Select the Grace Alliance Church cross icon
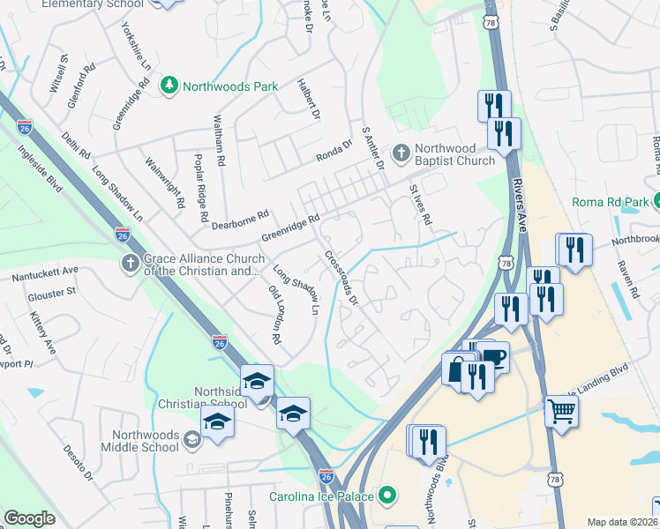[x=131, y=264]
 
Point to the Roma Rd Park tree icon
[x=657, y=202]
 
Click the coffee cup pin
[x=493, y=357]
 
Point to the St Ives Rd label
[x=421, y=204]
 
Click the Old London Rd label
[x=274, y=314]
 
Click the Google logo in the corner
[x=29, y=518]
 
